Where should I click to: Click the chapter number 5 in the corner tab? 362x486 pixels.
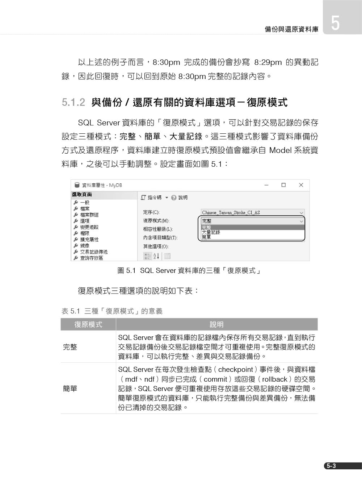pyautogui.click(x=335, y=23)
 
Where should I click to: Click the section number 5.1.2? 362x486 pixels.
pyautogui.click(x=73, y=103)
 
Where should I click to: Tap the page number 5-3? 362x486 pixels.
pyautogui.click(x=331, y=466)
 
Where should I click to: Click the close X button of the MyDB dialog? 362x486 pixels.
pyautogui.click(x=301, y=185)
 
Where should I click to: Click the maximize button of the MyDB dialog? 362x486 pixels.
pyautogui.click(x=283, y=185)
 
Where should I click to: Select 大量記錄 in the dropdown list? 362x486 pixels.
pyautogui.click(x=211, y=232)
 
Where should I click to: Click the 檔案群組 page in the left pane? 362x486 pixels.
pyautogui.click(x=89, y=215)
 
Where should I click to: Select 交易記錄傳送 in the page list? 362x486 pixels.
pyautogui.click(x=94, y=252)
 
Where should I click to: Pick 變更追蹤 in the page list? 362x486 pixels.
pyautogui.click(x=89, y=227)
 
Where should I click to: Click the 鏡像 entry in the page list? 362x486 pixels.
pyautogui.click(x=85, y=246)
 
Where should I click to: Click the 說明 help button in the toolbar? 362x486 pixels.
pyautogui.click(x=180, y=198)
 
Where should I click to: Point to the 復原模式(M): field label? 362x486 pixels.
pyautogui.click(x=156, y=221)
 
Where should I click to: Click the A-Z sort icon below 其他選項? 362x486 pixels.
pyautogui.click(x=156, y=256)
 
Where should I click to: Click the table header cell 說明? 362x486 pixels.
pyautogui.click(x=216, y=324)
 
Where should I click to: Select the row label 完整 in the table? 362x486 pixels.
pyautogui.click(x=70, y=347)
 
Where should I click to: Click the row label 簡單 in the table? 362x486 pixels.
pyautogui.click(x=70, y=389)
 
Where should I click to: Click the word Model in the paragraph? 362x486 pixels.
pyautogui.click(x=280, y=150)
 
